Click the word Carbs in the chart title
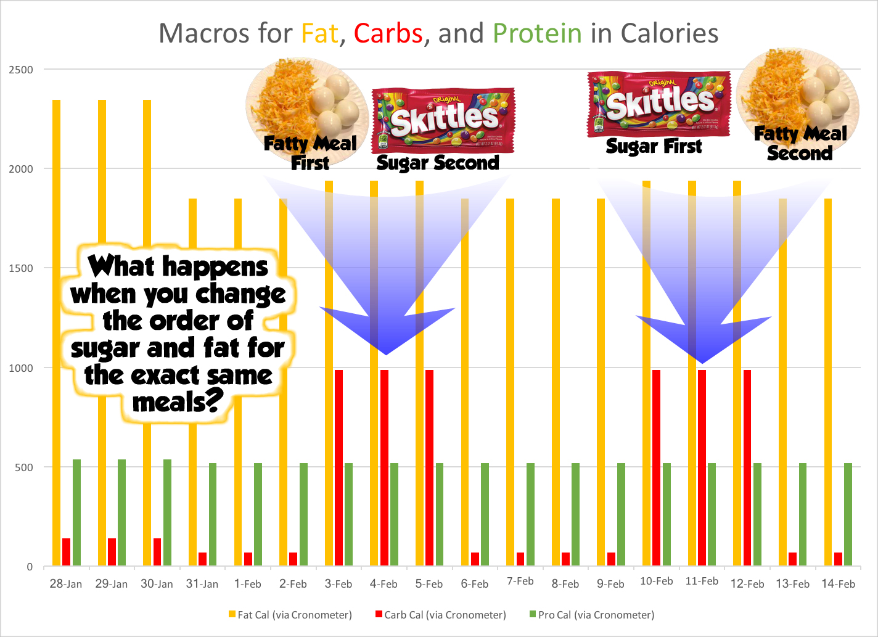point(388,33)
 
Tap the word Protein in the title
point(537,33)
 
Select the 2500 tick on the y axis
point(21,70)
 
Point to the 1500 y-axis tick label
point(21,268)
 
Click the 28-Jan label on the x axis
point(66,584)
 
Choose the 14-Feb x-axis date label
point(838,584)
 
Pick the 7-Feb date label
point(520,582)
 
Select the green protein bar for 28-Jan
point(76,512)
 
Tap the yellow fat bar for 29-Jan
point(102,333)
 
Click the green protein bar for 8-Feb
point(575,514)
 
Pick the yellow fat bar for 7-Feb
point(511,382)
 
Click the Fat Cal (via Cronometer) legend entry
point(290,615)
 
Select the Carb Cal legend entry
point(440,615)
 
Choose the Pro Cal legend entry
point(591,615)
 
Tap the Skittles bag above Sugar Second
point(442,120)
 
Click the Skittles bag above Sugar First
point(658,104)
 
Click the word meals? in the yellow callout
point(178,402)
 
